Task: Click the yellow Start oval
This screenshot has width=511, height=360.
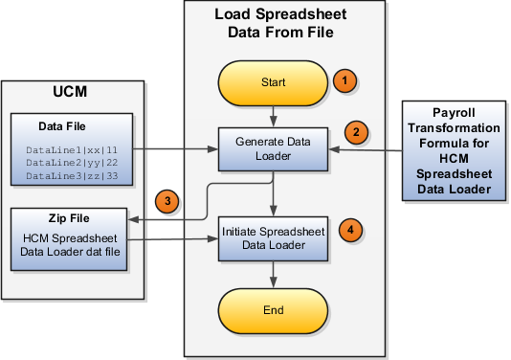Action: [x=275, y=82]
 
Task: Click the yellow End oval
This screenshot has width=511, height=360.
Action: [x=275, y=312]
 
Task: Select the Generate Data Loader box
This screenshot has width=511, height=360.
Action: [x=275, y=148]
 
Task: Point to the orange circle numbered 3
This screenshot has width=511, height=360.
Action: [x=167, y=202]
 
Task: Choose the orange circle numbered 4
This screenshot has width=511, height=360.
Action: [x=353, y=230]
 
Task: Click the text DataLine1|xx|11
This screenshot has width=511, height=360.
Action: [x=72, y=149]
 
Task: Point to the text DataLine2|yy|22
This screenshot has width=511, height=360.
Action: [x=72, y=163]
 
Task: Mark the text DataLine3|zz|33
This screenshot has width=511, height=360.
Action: [x=72, y=176]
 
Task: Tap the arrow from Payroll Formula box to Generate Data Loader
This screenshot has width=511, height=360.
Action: [x=368, y=149]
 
